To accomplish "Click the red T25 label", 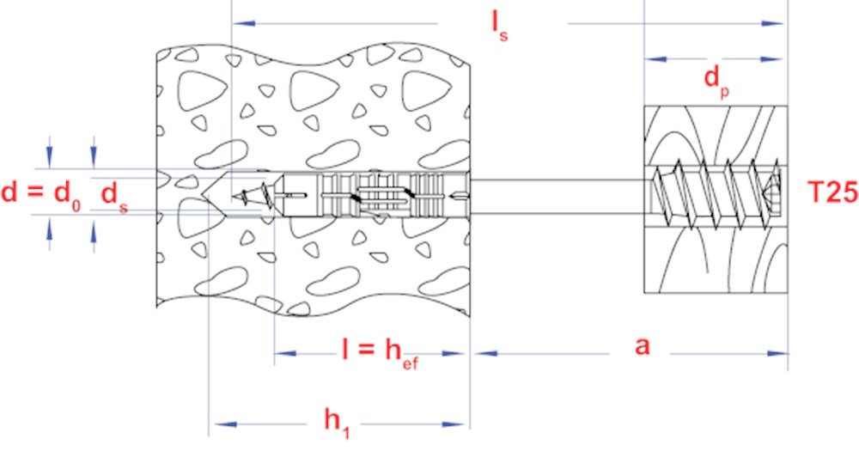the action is point(832,193).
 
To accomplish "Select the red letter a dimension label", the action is point(642,347).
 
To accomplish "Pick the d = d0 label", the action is point(40,194).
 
